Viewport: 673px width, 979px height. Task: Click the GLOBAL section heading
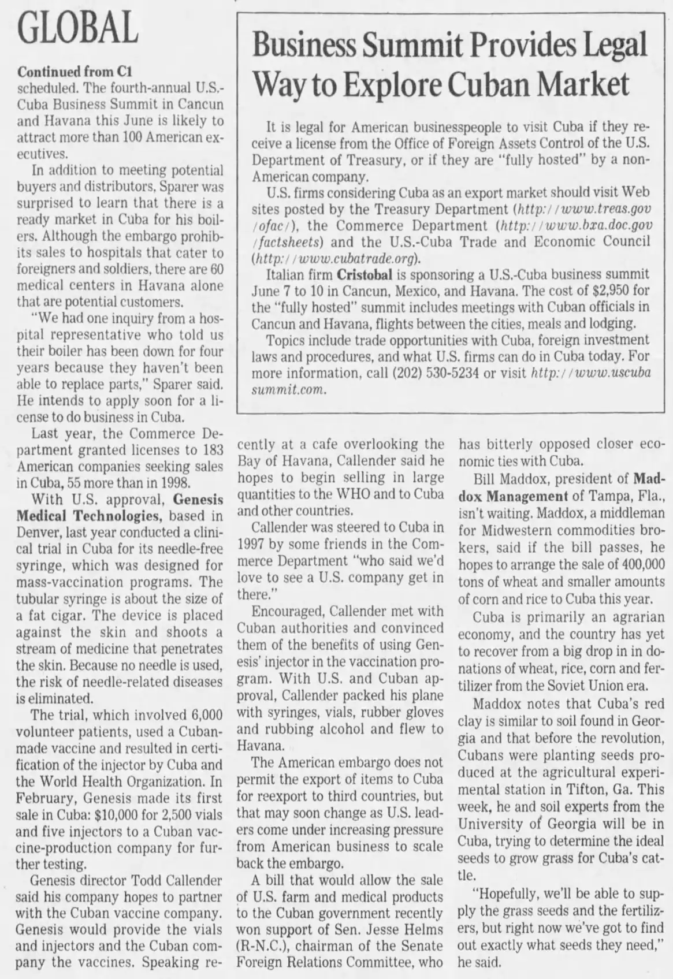click(78, 28)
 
